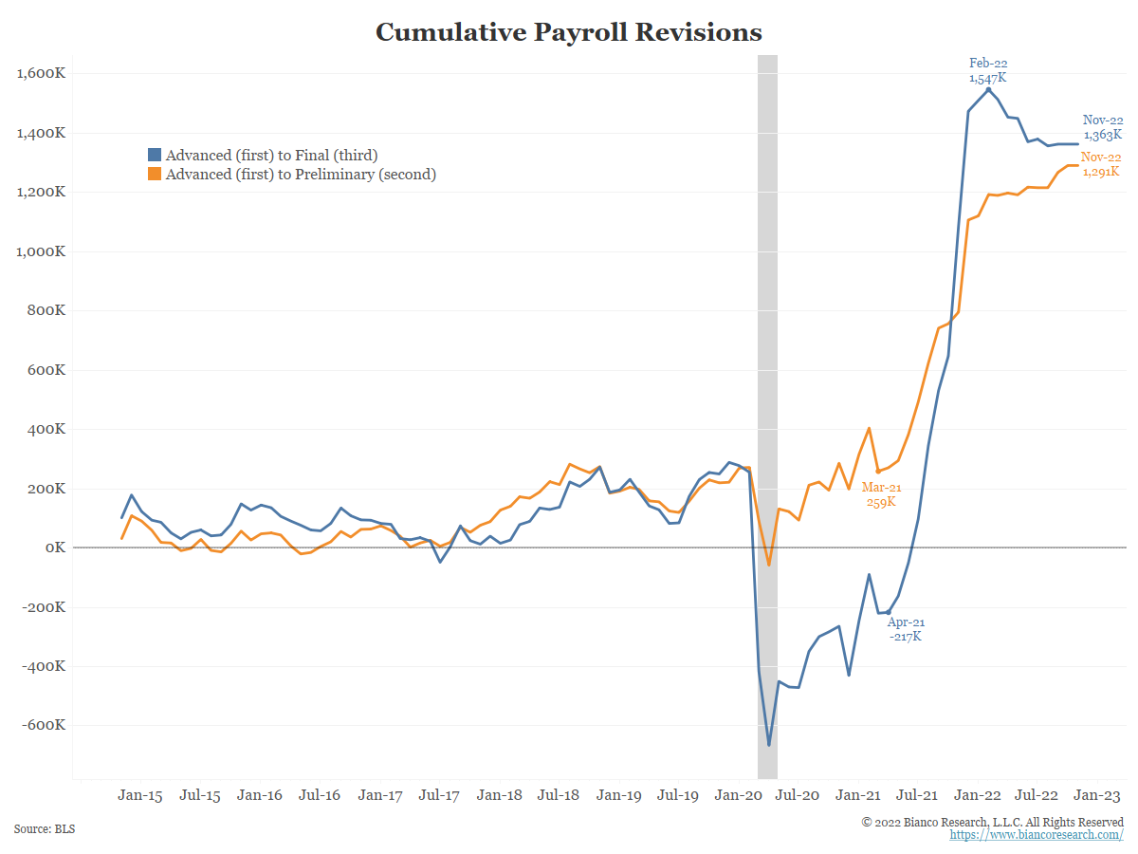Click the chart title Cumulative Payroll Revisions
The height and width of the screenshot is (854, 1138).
[x=569, y=32]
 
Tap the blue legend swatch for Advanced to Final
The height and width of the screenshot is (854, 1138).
[x=155, y=156]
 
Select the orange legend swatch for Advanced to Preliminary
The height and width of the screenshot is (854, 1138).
[x=155, y=175]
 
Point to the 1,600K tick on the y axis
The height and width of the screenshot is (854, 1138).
[x=41, y=74]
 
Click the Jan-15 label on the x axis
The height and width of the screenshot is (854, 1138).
[x=139, y=795]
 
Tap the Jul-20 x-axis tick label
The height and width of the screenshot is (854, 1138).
[x=798, y=795]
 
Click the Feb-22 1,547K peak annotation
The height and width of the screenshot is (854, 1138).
[x=988, y=71]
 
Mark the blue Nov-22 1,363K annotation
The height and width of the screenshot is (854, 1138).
[x=1103, y=127]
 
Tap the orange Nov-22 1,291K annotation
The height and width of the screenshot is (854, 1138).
[x=1101, y=164]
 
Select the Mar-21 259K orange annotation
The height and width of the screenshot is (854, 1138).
[x=881, y=494]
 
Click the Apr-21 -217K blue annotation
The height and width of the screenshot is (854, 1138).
[x=906, y=629]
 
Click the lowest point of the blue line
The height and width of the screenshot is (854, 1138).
[x=769, y=746]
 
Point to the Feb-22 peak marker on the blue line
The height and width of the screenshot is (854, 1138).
[x=988, y=90]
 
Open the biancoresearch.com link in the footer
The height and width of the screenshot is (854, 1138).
[x=1037, y=835]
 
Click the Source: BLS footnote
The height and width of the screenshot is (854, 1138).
[x=45, y=829]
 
